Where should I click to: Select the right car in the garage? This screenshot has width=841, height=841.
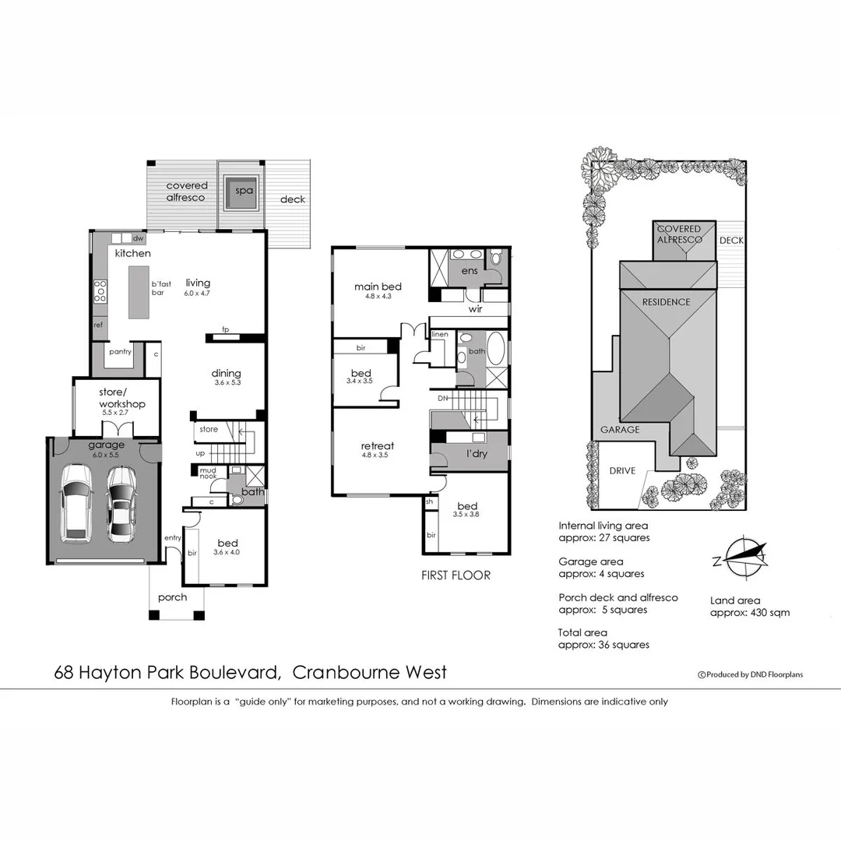click(121, 504)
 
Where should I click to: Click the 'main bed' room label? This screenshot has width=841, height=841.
click(378, 286)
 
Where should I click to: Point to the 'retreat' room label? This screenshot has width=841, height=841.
click(377, 446)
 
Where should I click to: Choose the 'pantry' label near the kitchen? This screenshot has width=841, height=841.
click(120, 352)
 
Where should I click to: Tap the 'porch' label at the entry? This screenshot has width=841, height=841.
click(172, 597)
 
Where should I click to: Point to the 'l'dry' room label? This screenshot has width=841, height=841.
click(477, 453)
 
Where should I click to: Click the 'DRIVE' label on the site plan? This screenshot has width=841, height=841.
click(623, 470)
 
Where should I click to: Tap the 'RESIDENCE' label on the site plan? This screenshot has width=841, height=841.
click(666, 301)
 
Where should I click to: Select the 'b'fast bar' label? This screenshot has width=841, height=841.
click(162, 289)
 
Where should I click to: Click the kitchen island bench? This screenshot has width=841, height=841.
click(137, 290)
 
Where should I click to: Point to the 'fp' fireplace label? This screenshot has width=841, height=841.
click(226, 329)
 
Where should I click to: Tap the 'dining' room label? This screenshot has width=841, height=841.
click(226, 373)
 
